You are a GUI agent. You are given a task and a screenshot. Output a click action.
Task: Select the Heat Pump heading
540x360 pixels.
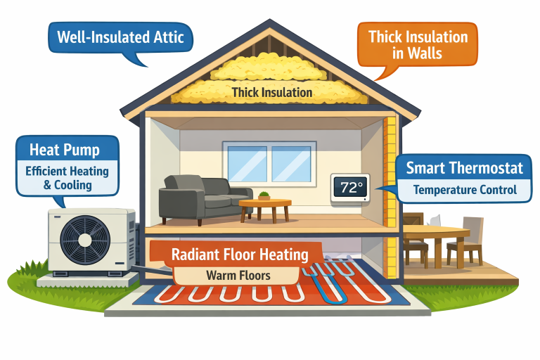65,150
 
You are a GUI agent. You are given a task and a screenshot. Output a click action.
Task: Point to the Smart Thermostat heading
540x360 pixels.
464,168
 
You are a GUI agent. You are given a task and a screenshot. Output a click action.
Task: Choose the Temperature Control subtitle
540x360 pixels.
464,190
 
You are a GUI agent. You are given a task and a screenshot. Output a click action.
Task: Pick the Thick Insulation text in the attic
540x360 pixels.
273,92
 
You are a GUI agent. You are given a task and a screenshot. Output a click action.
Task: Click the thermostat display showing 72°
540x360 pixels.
349,188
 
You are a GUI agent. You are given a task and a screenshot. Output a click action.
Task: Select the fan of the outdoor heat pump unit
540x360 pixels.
83,239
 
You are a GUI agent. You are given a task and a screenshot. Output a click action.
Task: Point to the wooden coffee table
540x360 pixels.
265,207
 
